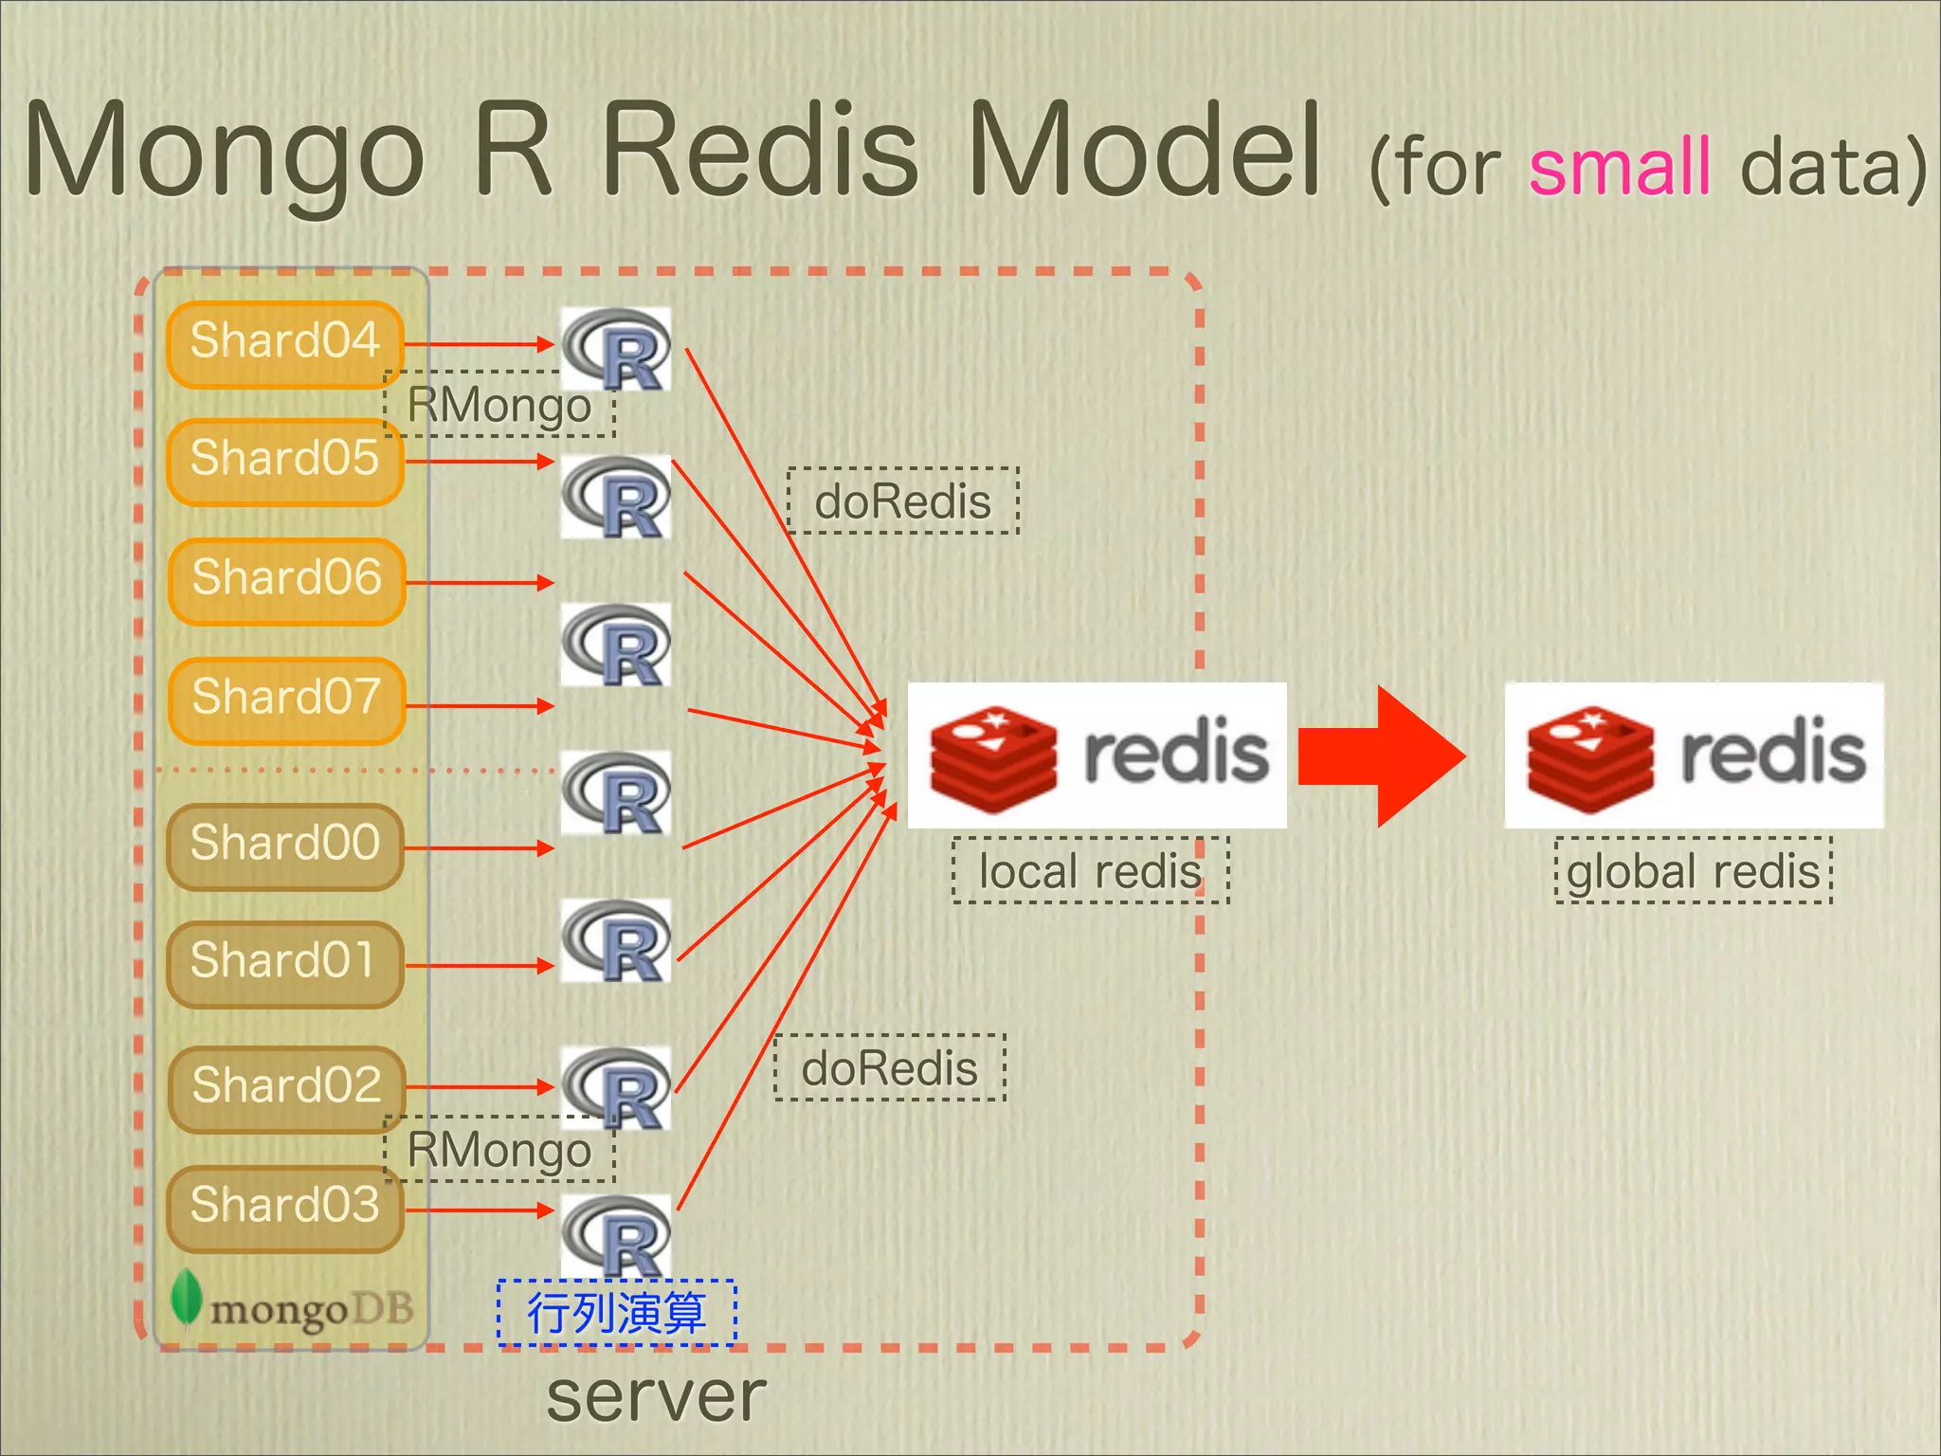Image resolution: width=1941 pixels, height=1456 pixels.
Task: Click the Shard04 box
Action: click(284, 343)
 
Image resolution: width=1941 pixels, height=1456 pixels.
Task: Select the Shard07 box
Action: click(286, 700)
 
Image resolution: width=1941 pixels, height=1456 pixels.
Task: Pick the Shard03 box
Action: click(284, 1208)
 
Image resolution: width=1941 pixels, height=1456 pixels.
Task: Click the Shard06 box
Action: click(286, 580)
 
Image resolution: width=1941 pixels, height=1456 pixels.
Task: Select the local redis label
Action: click(1090, 870)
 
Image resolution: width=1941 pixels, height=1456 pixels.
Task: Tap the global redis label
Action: click(1693, 870)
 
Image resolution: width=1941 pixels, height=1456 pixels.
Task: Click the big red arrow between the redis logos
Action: click(1384, 755)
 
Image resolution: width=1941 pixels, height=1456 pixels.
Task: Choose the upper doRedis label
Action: click(902, 500)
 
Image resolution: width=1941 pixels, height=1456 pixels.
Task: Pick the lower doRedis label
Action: click(889, 1068)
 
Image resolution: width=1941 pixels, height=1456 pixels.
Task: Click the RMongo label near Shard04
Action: click(499, 406)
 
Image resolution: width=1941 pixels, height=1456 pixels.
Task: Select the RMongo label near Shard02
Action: click(499, 1150)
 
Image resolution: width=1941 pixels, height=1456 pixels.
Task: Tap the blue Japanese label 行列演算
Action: click(616, 1313)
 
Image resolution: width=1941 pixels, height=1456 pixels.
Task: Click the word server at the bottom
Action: click(656, 1396)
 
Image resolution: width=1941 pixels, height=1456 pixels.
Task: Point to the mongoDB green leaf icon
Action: click(186, 1297)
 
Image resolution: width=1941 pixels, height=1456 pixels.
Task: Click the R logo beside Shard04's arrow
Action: click(616, 348)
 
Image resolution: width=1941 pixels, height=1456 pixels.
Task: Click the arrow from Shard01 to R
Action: click(479, 966)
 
